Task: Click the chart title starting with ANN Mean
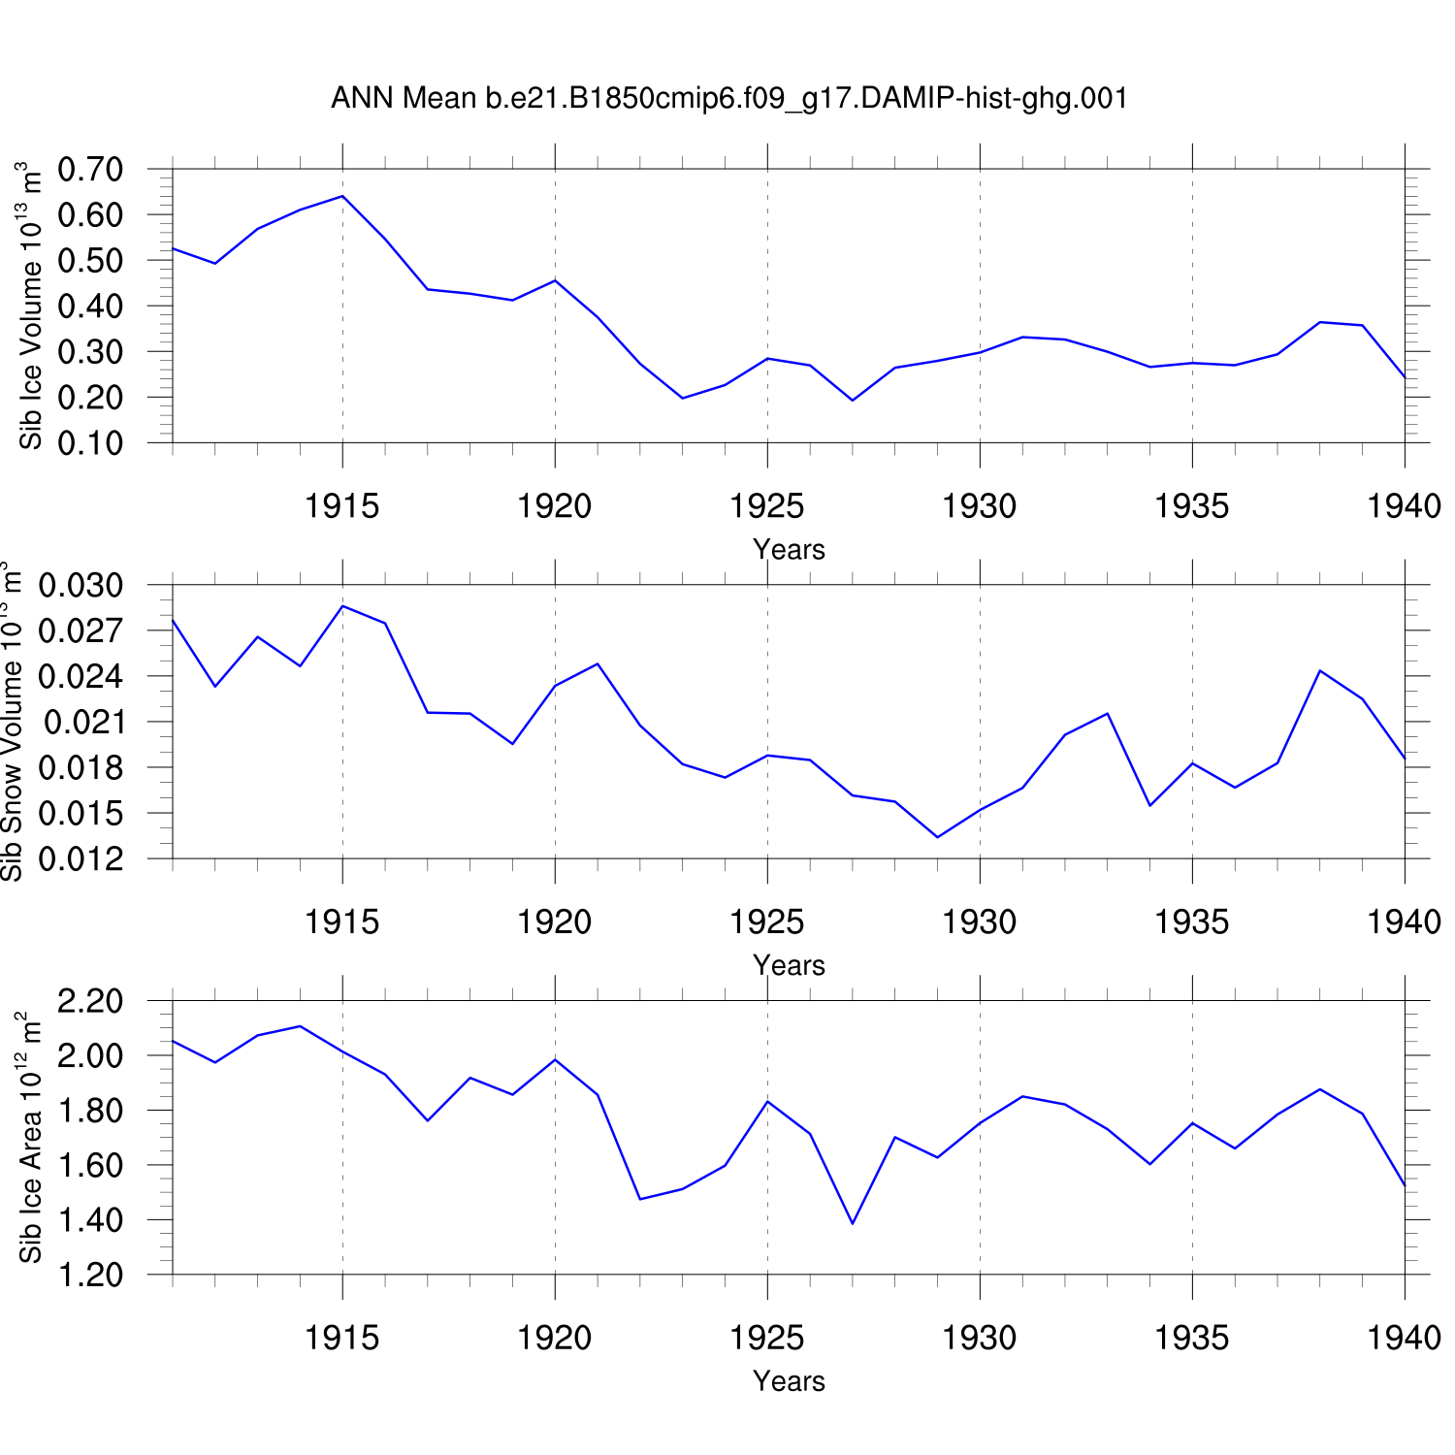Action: (x=729, y=98)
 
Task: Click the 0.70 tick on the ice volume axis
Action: (x=90, y=169)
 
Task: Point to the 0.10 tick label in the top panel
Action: (x=90, y=443)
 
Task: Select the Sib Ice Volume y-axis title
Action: (x=30, y=306)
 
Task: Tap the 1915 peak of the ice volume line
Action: (x=342, y=196)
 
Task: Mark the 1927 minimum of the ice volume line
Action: (x=853, y=400)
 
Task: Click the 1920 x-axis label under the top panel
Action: (x=554, y=505)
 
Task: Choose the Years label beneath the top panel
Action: (x=789, y=549)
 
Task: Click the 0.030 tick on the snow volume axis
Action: (x=81, y=585)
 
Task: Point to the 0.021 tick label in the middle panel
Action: (x=81, y=722)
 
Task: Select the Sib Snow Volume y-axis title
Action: (x=12, y=721)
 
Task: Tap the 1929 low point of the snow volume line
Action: (x=937, y=837)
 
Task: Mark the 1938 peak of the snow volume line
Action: (x=1320, y=670)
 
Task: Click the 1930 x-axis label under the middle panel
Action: (x=979, y=921)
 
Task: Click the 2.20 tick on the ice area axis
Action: (x=90, y=1000)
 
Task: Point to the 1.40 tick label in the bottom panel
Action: (x=90, y=1219)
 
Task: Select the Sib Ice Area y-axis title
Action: (x=30, y=1137)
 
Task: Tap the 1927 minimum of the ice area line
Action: (x=853, y=1223)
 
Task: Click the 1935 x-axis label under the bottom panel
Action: (x=1191, y=1338)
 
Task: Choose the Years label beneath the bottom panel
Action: (x=789, y=1380)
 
